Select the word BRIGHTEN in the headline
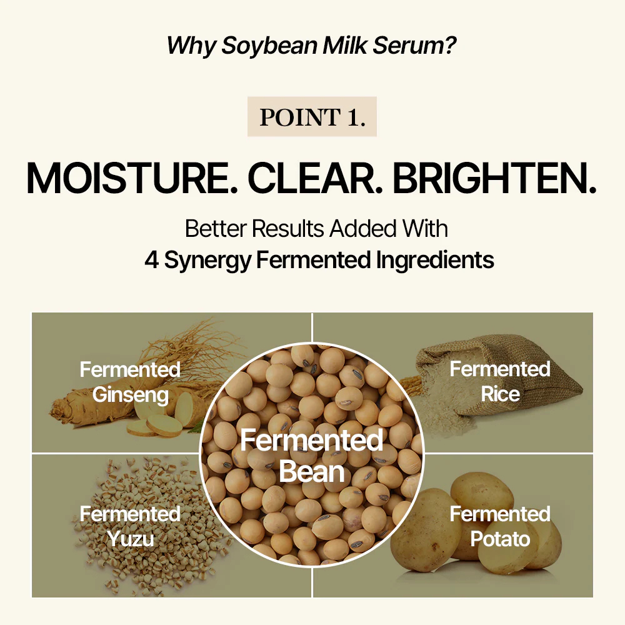coord(494,178)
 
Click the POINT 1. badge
coord(312,117)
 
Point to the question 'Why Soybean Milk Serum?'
coord(311,45)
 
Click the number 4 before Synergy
coord(151,260)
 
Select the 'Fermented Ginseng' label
coord(130,381)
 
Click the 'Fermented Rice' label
coord(500,381)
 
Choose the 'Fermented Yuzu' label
coord(130,526)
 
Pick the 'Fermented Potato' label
coord(500,526)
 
